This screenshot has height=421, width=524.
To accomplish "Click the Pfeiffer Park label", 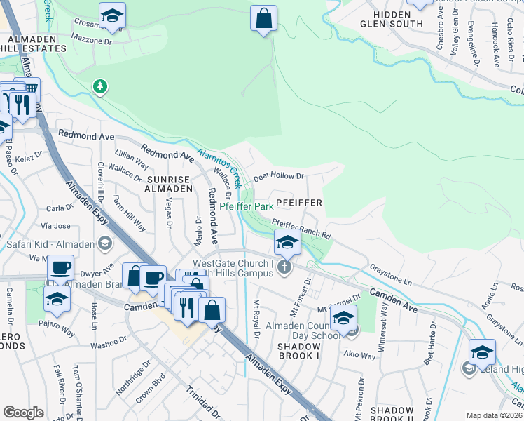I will [x=246, y=207].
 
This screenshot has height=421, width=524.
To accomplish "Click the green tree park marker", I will [x=101, y=86].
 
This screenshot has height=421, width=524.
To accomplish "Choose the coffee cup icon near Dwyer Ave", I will [x=60, y=268].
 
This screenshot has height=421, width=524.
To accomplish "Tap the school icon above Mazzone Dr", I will [x=111, y=17].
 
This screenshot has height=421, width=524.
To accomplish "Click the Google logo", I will [x=23, y=413].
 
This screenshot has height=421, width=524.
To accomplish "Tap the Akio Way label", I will [x=358, y=356].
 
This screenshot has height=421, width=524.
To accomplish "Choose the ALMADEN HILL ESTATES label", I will [x=33, y=43].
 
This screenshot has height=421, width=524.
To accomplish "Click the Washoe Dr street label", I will [x=106, y=343].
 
